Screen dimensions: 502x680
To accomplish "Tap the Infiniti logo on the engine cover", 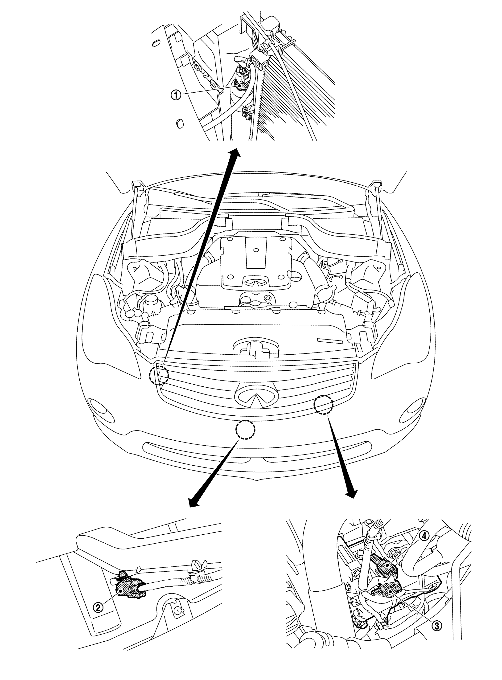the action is [256, 282].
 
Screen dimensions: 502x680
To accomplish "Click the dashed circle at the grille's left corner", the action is [158, 374].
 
